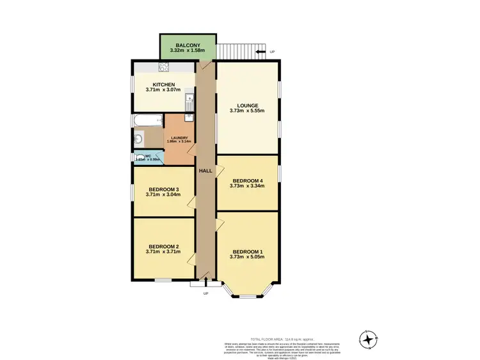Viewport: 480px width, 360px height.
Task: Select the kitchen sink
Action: pos(189,100)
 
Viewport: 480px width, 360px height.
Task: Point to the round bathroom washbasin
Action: pos(138,137)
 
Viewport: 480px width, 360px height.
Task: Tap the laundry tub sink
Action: pos(189,118)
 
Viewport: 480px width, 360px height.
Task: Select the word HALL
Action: pos(205,171)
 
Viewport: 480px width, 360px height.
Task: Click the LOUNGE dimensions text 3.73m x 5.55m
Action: pos(247,111)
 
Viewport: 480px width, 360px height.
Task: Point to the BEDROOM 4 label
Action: pos(247,180)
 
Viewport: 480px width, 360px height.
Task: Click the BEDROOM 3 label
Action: pos(163,189)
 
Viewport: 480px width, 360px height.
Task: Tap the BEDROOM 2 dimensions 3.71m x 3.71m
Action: pos(163,252)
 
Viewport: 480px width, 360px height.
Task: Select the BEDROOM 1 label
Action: pos(247,251)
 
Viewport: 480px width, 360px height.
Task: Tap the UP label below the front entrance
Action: pos(205,293)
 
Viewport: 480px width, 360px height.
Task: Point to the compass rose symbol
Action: pos(369,339)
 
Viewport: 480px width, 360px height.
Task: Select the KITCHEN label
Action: pos(163,84)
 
